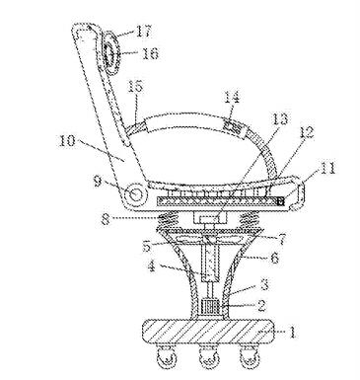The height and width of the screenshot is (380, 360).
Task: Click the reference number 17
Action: click(143, 32)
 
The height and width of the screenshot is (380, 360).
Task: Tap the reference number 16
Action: click(150, 53)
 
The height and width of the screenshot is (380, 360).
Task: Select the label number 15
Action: click(136, 87)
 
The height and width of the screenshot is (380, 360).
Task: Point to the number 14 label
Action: click(233, 98)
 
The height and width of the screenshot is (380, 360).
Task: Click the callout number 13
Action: click(279, 119)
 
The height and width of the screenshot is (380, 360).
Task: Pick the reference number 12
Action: click(306, 132)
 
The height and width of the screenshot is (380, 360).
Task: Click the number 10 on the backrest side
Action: click(67, 141)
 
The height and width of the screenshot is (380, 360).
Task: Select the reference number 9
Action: click(98, 182)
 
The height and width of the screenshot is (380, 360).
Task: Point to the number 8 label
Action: click(106, 219)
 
